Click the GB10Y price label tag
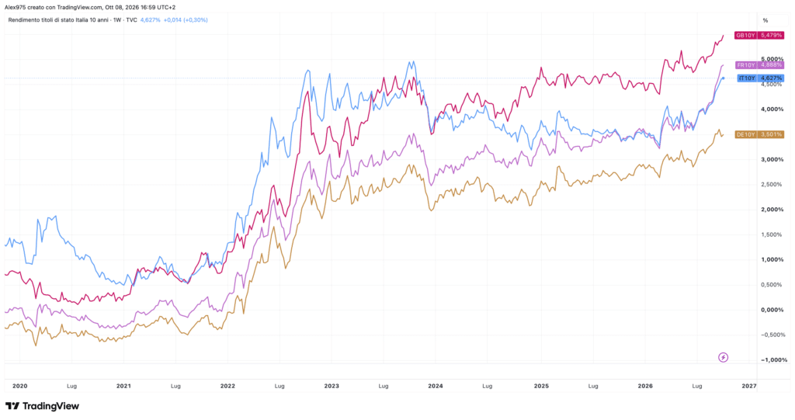759,36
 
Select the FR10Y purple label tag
759,65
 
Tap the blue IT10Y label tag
761,78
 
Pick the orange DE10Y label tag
759,134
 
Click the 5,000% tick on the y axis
772,59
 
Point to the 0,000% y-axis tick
772,310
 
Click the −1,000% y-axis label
774,360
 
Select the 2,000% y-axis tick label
772,210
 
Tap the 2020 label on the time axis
19,386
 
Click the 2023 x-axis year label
332,386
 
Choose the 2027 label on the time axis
749,386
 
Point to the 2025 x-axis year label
541,386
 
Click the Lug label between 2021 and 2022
175,386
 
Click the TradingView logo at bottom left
42,406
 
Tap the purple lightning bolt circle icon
724,358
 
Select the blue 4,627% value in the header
150,20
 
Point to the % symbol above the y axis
765,21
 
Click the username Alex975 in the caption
15,8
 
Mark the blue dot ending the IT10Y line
724,78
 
